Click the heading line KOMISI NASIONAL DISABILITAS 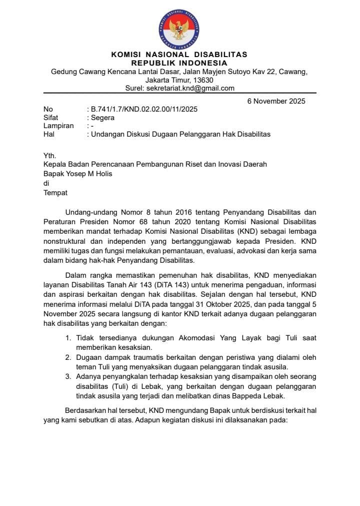click(179, 55)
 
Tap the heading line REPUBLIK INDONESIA click(179, 63)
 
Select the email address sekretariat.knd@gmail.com click(190, 88)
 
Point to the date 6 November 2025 click(276, 101)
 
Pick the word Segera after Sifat click(102, 118)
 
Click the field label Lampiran click(58, 126)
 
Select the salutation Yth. click(50, 156)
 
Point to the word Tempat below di click(55, 192)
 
